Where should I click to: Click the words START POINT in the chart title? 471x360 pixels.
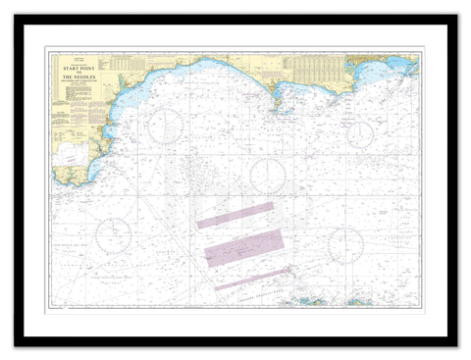click(78, 69)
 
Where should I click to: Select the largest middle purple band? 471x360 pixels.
click(243, 248)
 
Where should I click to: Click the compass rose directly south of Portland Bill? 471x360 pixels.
click(268, 176)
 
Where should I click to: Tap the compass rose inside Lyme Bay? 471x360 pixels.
click(164, 126)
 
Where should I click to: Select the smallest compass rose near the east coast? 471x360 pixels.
click(361, 133)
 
